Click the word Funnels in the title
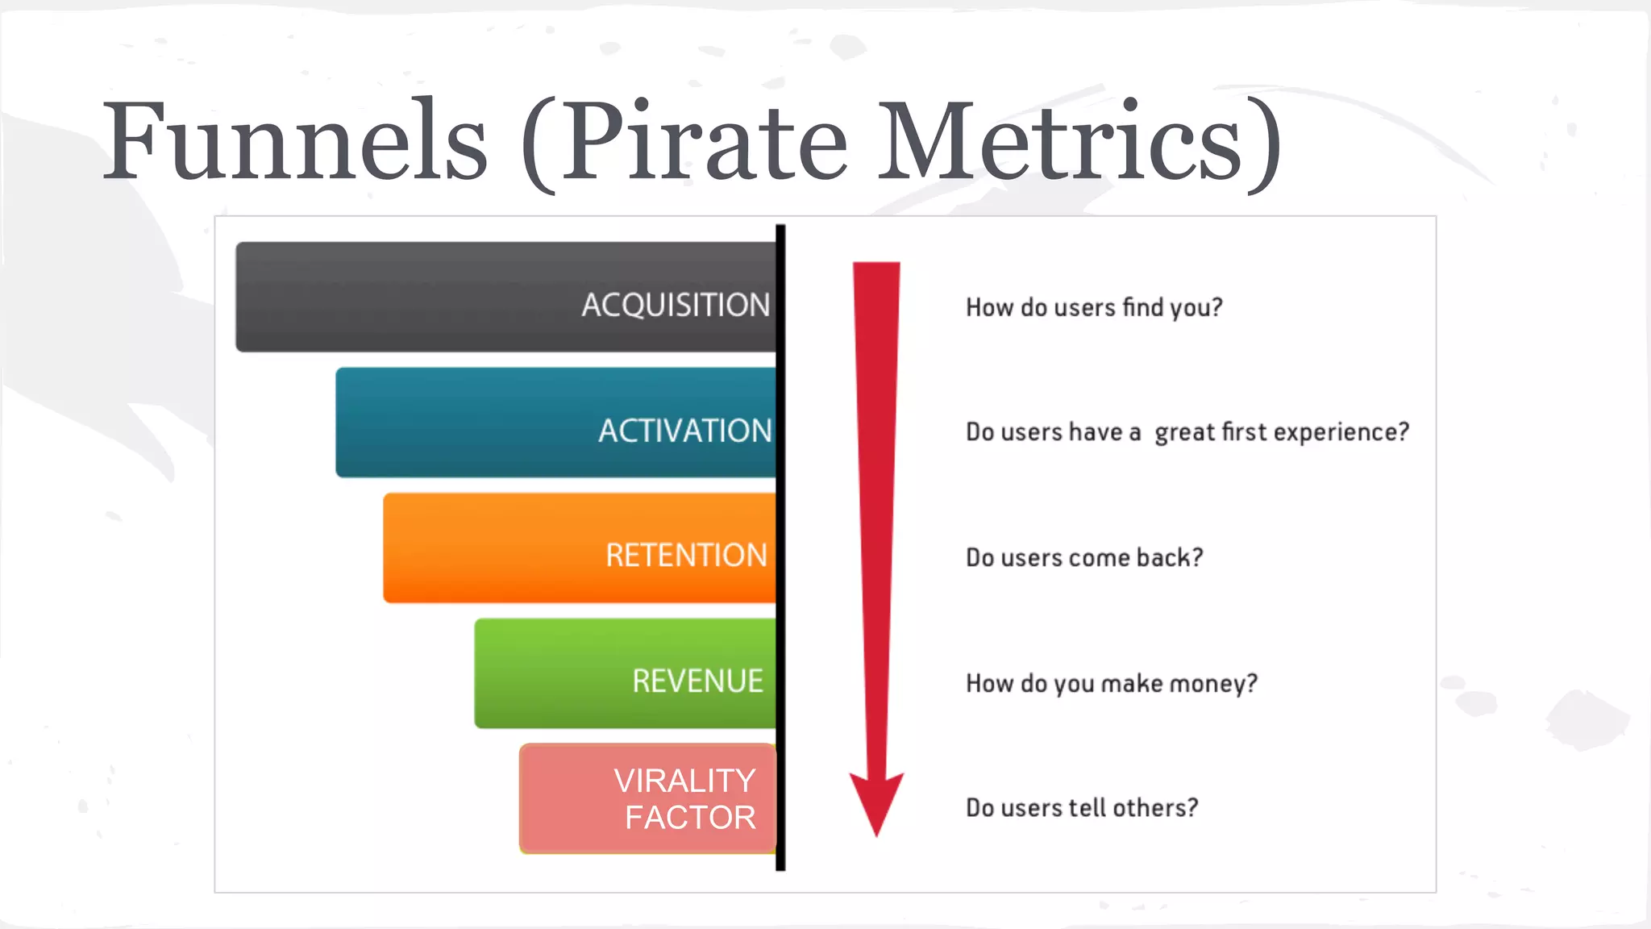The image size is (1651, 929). point(295,141)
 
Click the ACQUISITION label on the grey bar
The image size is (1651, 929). point(676,305)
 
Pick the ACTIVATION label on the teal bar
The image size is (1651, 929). point(684,431)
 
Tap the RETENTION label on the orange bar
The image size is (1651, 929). point(686,556)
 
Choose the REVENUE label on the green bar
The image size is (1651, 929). point(697,681)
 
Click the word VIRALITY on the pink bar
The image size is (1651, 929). point(684,781)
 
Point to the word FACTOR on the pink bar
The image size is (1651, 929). point(690,818)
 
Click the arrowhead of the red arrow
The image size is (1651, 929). point(876,802)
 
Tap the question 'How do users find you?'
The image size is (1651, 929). point(1094,307)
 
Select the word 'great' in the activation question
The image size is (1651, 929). point(1184,433)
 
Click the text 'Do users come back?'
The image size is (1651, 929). point(1084,557)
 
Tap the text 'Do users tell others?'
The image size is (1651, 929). point(1082,807)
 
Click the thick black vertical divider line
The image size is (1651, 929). point(780,548)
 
